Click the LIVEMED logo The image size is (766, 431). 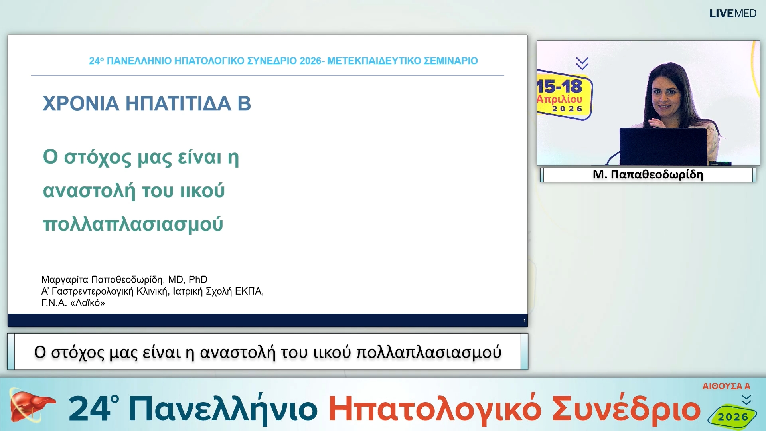[732, 14]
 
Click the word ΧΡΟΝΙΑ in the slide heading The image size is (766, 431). [81, 103]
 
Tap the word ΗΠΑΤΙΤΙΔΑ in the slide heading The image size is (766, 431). [178, 103]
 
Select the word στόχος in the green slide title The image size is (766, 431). [97, 157]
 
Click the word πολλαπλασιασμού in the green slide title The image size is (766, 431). [133, 224]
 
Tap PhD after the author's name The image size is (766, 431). [198, 279]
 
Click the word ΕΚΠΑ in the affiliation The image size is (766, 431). [248, 291]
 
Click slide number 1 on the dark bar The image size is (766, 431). [524, 321]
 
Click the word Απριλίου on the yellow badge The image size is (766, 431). [559, 99]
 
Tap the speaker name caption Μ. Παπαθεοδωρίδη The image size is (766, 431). [648, 175]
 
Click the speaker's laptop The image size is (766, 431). [663, 146]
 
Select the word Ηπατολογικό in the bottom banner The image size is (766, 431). [434, 409]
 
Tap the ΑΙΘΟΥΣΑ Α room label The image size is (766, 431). [726, 386]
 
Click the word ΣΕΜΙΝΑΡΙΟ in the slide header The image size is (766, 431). [450, 61]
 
